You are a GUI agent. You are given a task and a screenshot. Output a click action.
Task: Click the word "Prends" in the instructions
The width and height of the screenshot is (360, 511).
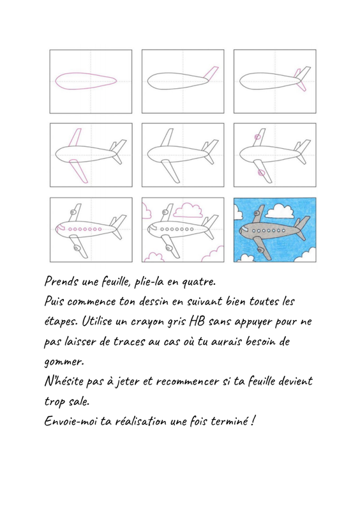tap(61, 281)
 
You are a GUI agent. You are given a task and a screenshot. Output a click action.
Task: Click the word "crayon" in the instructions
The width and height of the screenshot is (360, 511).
tap(147, 323)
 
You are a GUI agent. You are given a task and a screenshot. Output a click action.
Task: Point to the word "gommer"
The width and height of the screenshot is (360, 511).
tap(64, 362)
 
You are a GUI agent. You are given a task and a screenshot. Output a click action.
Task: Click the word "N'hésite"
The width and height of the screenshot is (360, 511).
tap(64, 381)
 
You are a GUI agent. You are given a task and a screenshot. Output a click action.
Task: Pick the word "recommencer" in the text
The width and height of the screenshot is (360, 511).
tap(187, 381)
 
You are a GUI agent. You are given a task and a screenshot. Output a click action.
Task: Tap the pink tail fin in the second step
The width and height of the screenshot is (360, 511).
tap(211, 73)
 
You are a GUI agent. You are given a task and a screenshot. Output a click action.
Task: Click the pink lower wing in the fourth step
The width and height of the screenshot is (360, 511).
tap(79, 171)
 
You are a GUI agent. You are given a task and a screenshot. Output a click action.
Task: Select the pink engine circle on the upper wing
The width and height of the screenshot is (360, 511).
tap(257, 137)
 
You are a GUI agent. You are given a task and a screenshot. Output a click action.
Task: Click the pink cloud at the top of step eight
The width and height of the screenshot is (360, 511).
tap(188, 210)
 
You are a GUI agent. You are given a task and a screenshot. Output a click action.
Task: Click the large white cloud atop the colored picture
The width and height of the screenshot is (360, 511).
tap(278, 211)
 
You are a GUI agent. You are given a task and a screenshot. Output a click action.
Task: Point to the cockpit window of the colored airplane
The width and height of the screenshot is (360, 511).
tap(242, 231)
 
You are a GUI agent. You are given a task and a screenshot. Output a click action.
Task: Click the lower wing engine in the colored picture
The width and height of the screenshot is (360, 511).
tap(260, 250)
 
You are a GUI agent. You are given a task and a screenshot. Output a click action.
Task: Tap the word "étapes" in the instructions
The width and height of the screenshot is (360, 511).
tap(61, 322)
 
